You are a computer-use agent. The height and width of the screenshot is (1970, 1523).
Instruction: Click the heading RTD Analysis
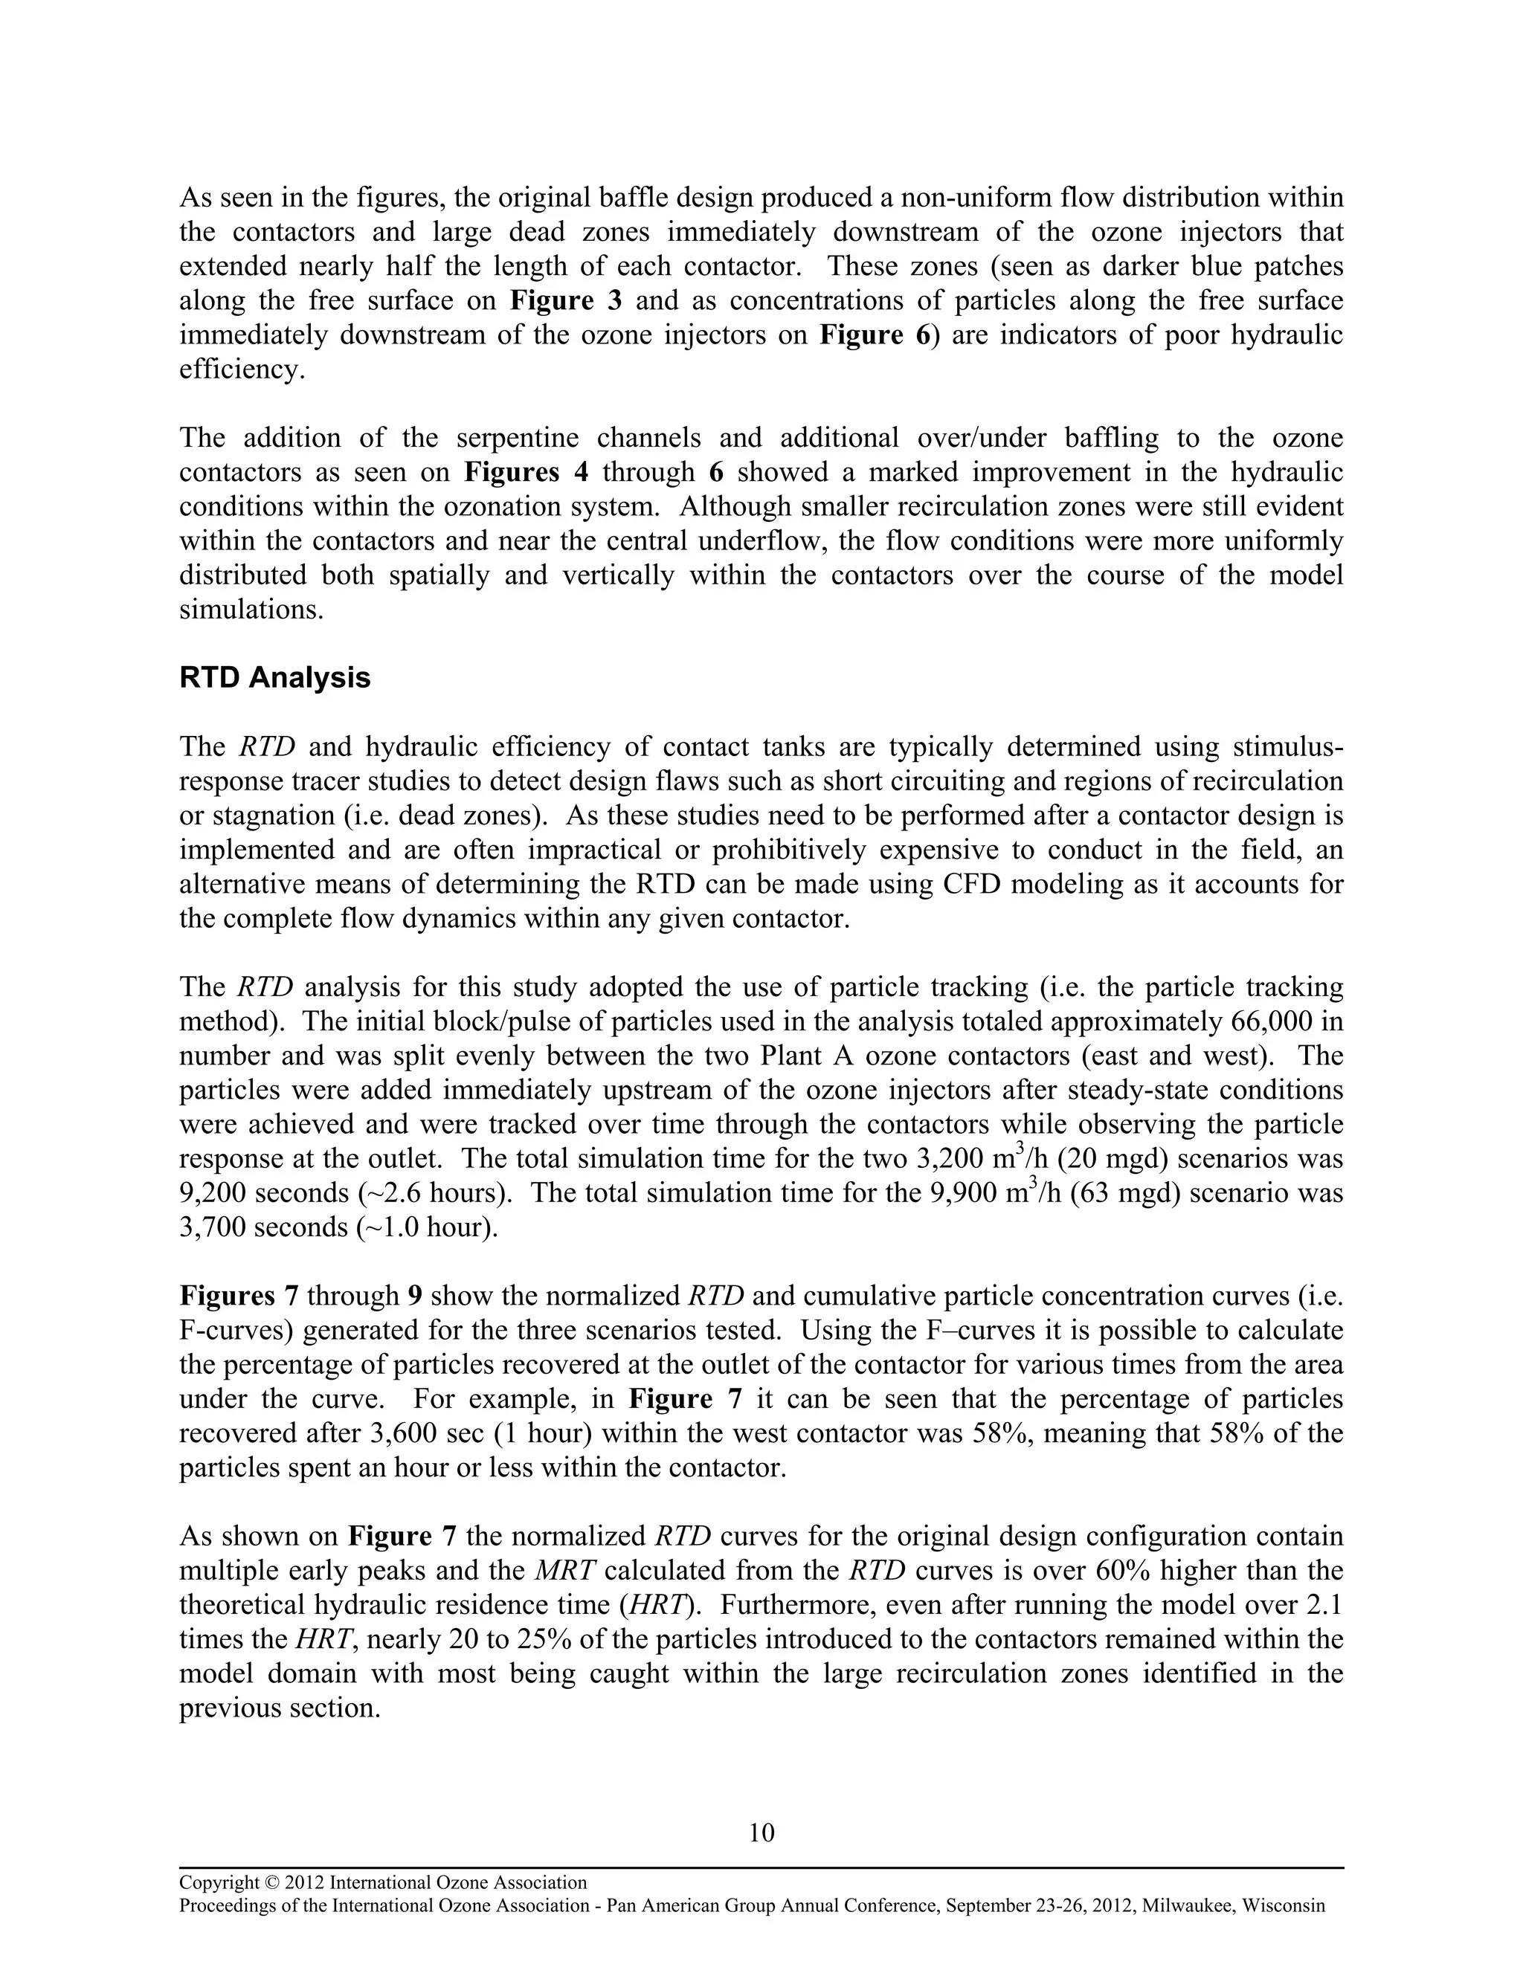[x=274, y=677]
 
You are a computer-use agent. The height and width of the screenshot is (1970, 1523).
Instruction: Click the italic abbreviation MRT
[x=565, y=1570]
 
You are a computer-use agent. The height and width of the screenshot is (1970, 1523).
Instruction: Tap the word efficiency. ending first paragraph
[x=242, y=369]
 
